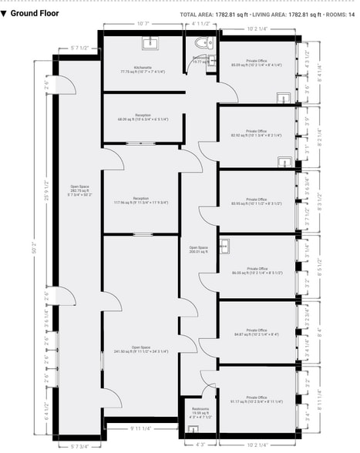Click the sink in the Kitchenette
click(150, 43)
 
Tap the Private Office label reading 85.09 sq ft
click(257, 63)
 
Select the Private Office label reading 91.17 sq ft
click(257, 400)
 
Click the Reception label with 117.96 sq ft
click(140, 201)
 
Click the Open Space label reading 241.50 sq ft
click(140, 350)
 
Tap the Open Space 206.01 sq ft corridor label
click(199, 250)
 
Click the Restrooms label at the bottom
click(199, 411)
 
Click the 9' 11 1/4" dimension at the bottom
click(141, 428)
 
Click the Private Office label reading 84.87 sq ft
click(257, 334)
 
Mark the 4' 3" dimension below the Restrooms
click(200, 444)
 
